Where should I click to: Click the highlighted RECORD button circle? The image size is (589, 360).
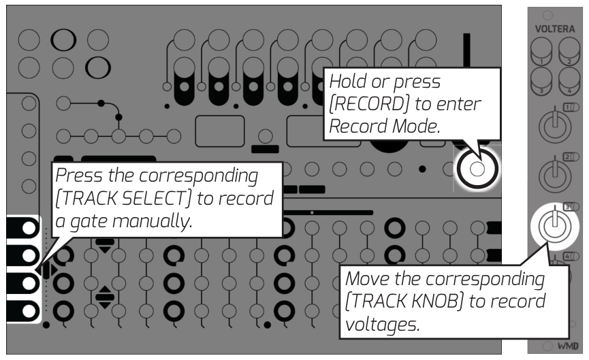477,168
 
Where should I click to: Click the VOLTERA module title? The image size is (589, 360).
555,29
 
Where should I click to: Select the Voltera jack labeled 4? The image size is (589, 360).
569,84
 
